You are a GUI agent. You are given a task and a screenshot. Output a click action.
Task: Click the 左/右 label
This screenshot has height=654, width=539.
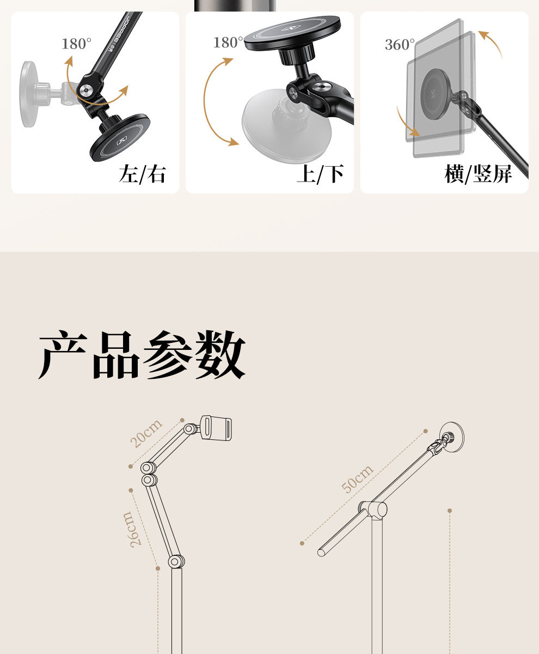[x=142, y=174]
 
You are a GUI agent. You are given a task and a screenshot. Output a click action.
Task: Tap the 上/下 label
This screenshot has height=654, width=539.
[x=320, y=174]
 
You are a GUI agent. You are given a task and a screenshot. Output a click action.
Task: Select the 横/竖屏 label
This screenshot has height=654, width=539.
[x=478, y=174]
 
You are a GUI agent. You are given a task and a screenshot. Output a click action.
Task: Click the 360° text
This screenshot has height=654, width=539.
[x=400, y=45]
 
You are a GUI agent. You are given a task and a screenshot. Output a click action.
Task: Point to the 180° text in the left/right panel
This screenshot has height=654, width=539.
[x=76, y=44]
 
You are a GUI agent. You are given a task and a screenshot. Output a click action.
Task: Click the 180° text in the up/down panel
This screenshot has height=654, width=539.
[x=228, y=43]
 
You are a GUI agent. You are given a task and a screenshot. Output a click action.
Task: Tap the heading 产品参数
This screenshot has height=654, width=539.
[x=142, y=355]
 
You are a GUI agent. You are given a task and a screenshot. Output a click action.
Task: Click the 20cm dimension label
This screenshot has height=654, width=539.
[x=146, y=434]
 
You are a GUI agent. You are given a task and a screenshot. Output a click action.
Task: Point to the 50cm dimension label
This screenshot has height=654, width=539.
[x=358, y=479]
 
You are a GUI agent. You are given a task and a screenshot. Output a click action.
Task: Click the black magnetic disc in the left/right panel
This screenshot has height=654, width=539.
[x=120, y=137]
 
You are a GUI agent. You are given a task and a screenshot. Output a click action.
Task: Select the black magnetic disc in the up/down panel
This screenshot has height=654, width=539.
[x=292, y=34]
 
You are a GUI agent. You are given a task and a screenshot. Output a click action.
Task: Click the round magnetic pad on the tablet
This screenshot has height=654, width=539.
[x=440, y=89]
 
